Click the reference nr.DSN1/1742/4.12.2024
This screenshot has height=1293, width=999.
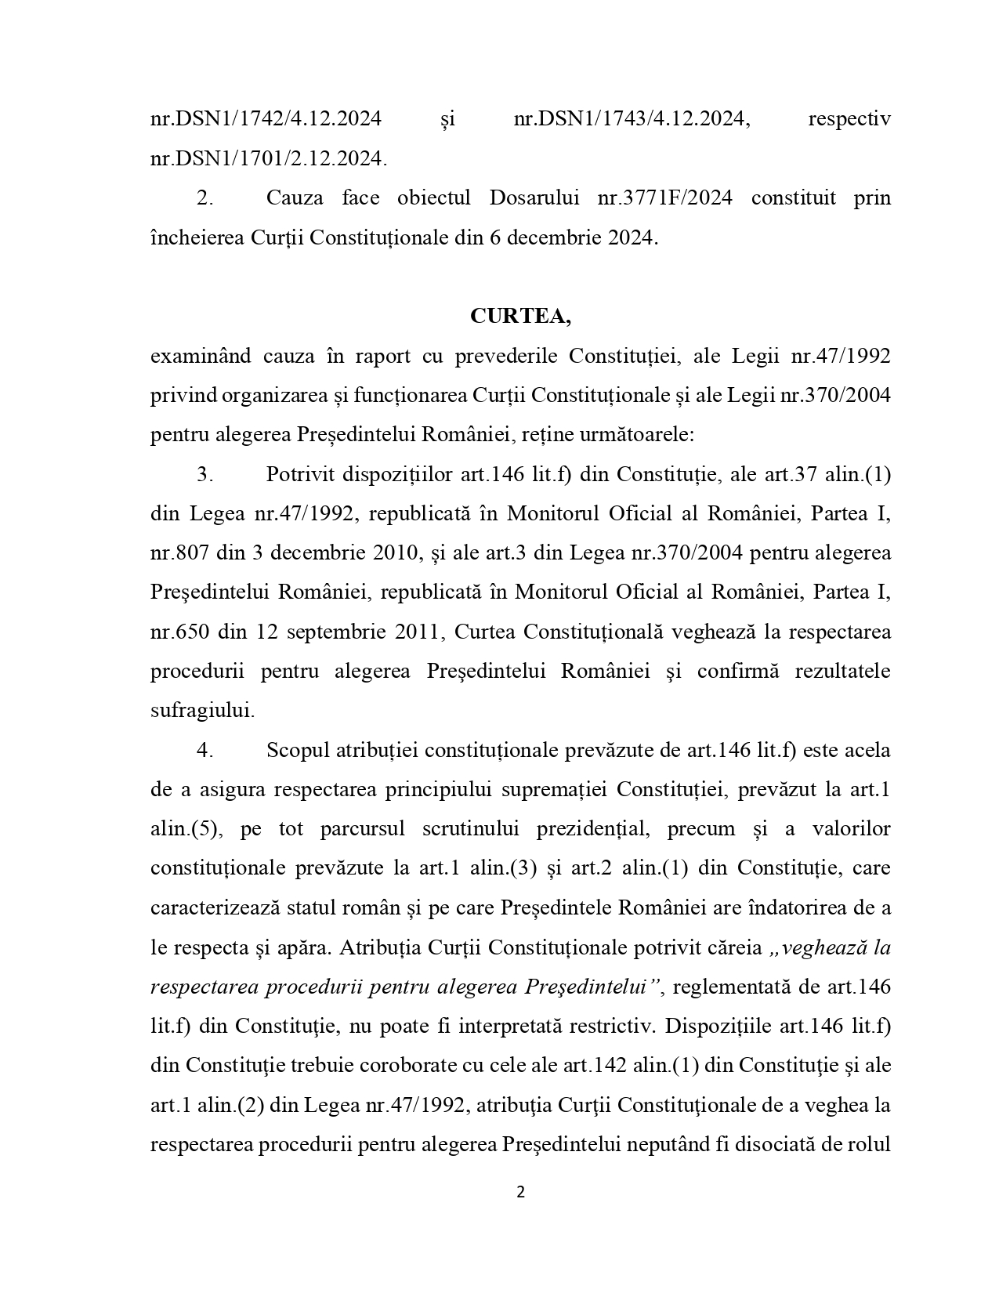point(266,119)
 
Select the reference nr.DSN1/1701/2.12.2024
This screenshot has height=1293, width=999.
point(268,158)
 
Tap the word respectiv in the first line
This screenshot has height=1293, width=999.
point(849,119)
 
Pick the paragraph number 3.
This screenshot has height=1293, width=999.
point(205,474)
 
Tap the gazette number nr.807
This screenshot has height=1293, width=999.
point(179,552)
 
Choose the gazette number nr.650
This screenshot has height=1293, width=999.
point(179,632)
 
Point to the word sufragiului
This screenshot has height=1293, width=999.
point(202,711)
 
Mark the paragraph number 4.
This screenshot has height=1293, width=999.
point(205,750)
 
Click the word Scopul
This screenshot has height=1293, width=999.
point(297,750)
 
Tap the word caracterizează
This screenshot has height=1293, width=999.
point(224,908)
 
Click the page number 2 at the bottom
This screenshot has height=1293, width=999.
point(520,1193)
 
